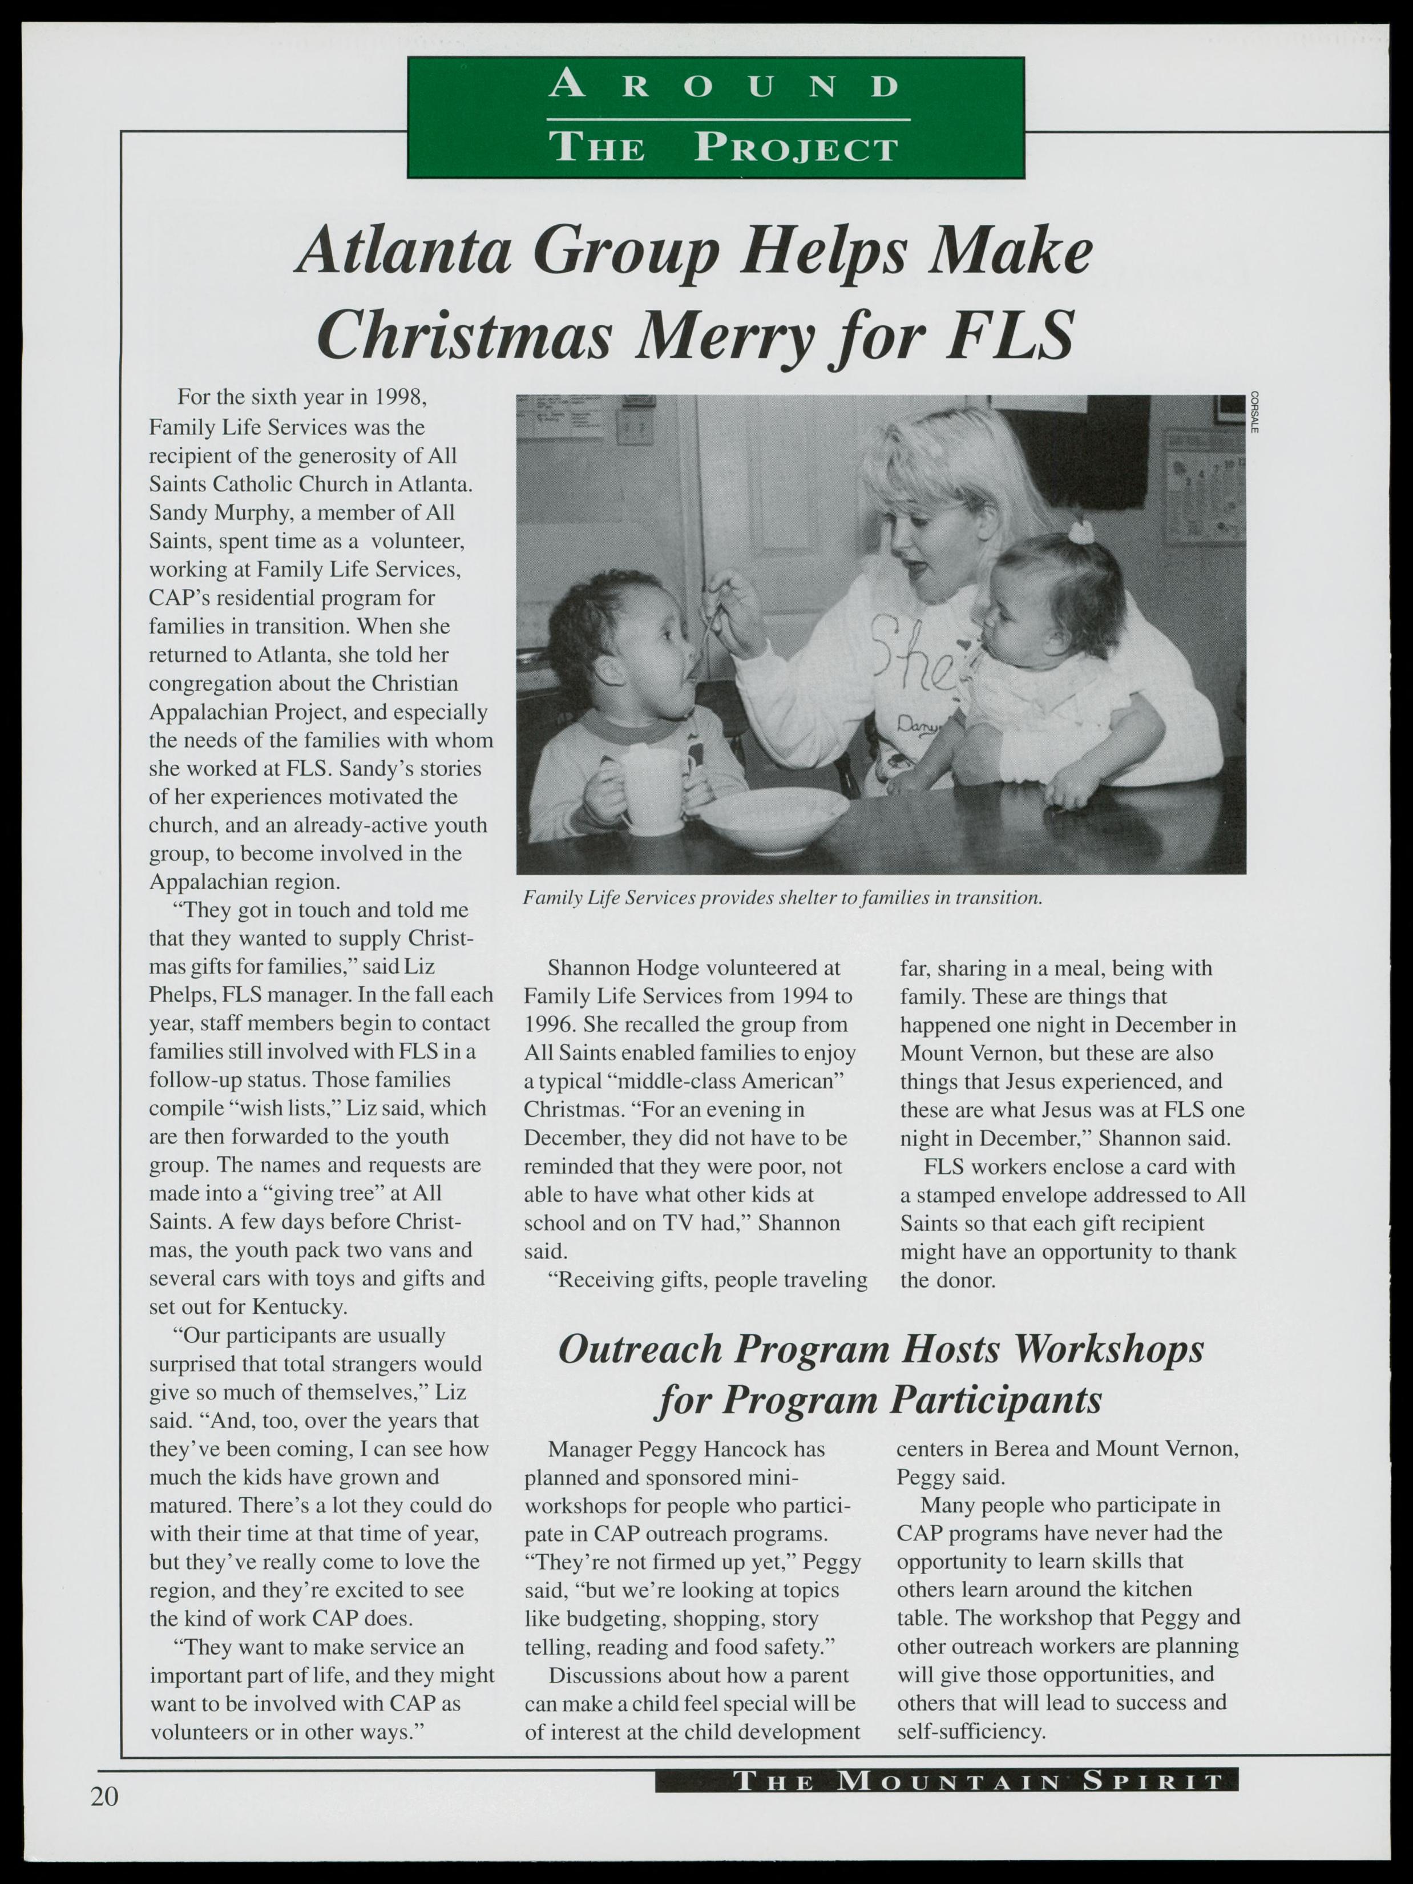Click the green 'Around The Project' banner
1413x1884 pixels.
tap(716, 118)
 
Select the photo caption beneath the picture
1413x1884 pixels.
tap(782, 898)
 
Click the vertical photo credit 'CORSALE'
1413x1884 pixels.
tap(1254, 412)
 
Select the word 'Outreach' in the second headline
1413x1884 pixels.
tap(640, 1350)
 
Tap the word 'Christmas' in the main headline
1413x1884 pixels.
tap(463, 334)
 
